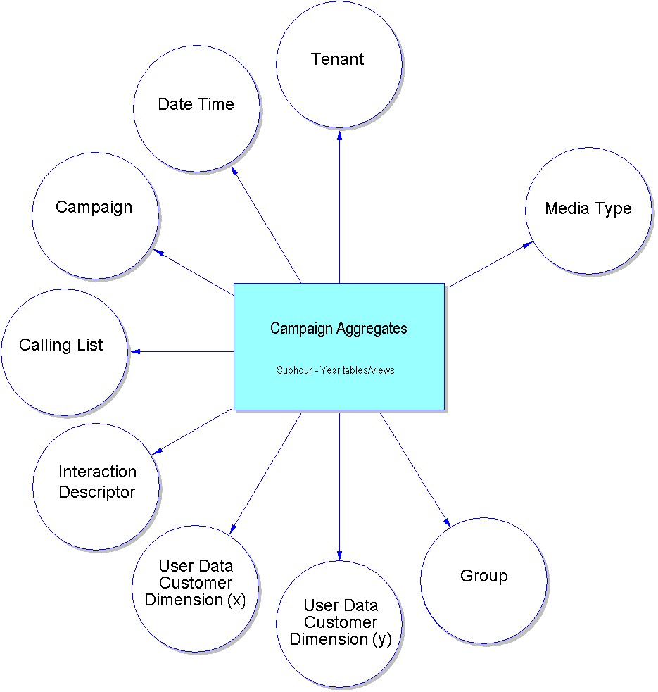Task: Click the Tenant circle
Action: (339, 64)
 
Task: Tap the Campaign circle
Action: (95, 215)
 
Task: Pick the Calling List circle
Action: (64, 351)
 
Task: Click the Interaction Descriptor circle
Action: (96, 486)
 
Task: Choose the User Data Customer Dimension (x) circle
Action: (195, 588)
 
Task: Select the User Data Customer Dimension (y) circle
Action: (339, 624)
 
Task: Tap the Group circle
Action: (483, 581)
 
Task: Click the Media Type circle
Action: (588, 210)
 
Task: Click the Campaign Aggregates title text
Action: (339, 328)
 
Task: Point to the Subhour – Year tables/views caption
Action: (336, 370)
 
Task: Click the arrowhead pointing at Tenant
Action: (339, 132)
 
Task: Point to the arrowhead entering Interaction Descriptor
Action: (157, 452)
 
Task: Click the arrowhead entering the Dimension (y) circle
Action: (339, 556)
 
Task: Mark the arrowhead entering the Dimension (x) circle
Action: (233, 529)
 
